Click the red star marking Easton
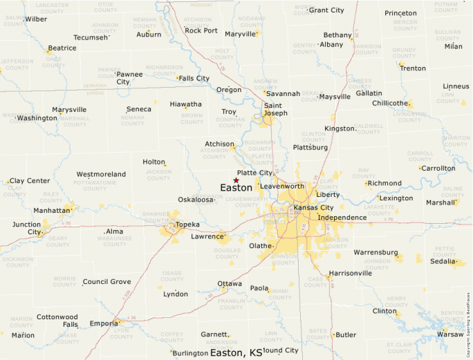236,180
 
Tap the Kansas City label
313,207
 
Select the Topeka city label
187,225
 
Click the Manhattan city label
52,210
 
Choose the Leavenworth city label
282,187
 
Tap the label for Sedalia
443,262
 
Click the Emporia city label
103,323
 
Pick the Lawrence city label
207,236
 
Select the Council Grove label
106,282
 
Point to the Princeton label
400,13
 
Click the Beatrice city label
62,48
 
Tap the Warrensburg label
375,252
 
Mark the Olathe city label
261,246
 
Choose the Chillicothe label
390,103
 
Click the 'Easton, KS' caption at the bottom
236,352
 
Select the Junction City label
26,228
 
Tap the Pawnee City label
129,77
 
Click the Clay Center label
30,181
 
